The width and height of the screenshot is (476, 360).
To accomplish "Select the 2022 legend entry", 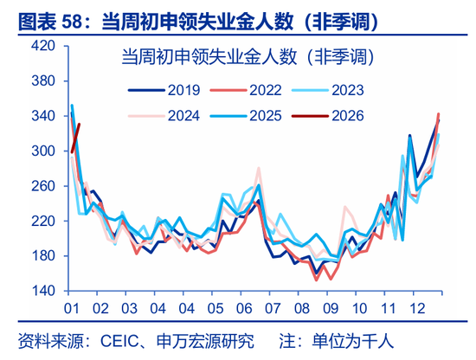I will [251, 89].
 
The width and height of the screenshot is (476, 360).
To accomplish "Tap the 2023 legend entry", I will [338, 89].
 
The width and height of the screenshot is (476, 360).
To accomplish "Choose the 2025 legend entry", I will [251, 115].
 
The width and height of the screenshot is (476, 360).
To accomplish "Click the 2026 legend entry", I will [338, 115].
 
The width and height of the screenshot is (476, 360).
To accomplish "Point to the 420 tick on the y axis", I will [43, 46].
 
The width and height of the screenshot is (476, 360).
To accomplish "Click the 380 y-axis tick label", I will [43, 81].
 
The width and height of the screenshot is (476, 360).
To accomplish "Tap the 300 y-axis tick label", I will [43, 151].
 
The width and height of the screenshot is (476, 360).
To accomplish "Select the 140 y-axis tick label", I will [43, 291].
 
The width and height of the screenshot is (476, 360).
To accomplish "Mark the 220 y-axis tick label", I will [43, 221].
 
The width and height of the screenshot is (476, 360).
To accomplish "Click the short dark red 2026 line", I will [75, 138].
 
